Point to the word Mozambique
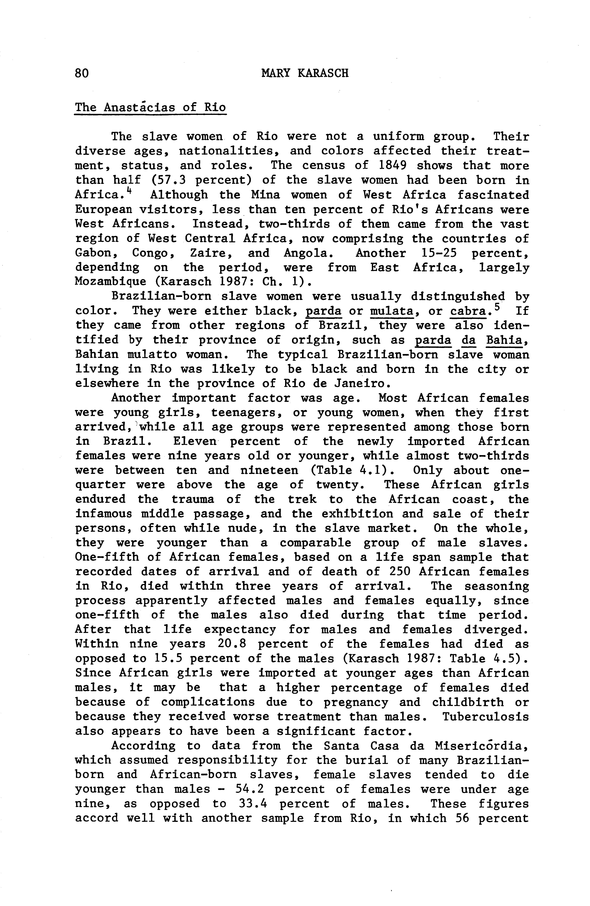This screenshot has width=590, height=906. [x=110, y=282]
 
